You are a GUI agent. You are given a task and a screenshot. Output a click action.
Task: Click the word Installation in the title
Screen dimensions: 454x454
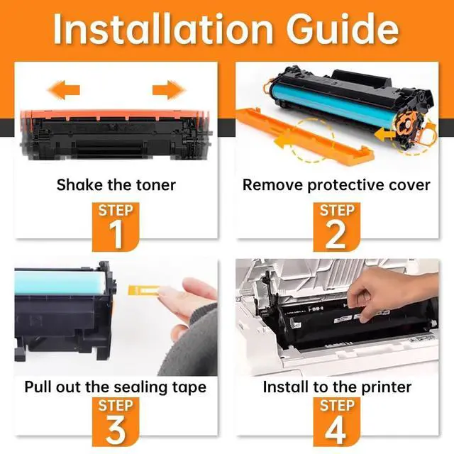(163, 29)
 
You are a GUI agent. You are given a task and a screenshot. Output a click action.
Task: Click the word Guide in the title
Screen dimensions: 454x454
(343, 29)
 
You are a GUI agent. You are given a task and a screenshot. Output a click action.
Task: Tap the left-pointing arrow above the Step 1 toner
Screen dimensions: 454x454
(64, 90)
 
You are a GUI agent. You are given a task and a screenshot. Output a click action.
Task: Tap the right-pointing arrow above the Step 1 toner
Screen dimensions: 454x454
(169, 90)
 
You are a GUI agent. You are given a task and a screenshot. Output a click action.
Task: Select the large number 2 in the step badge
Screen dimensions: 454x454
(336, 234)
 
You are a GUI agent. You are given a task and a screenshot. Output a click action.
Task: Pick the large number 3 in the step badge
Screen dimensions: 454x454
(116, 429)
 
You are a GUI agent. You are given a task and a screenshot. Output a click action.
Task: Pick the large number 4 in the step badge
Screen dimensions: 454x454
(336, 429)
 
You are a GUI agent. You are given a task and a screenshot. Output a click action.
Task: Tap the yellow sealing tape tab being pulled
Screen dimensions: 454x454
(143, 290)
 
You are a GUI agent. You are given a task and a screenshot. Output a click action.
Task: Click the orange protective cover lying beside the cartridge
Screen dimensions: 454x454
(304, 137)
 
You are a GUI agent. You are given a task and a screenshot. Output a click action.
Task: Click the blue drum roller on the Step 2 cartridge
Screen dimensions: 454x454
(333, 105)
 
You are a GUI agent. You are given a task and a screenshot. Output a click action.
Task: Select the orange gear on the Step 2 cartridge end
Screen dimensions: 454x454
(406, 126)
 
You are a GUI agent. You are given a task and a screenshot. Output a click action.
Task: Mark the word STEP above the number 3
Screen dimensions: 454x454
(116, 405)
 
